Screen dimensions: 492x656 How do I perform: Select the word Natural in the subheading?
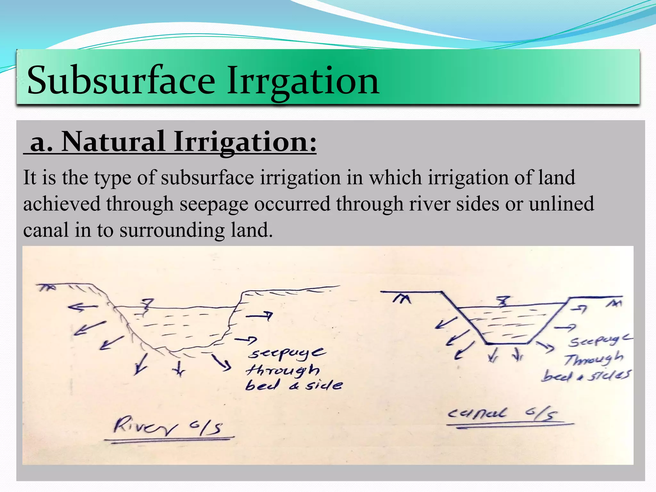tap(113, 142)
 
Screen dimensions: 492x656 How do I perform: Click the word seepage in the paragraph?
tap(214, 204)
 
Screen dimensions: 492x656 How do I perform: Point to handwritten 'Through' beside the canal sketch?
tap(594, 359)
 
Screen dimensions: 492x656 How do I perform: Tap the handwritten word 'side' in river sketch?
tap(324, 385)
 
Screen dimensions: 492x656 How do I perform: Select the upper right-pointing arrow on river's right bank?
tap(259, 316)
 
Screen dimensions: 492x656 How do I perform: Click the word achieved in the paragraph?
tap(61, 204)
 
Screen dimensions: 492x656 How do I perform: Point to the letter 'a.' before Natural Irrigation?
tap(41, 142)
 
